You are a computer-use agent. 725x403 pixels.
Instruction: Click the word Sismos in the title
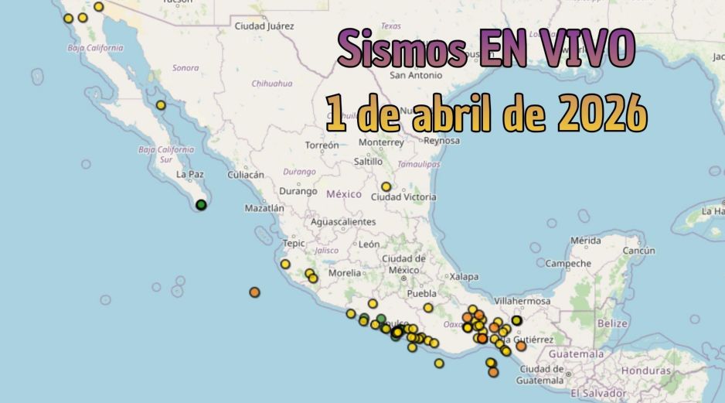[401, 49]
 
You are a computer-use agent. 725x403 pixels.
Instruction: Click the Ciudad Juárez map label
[264, 26]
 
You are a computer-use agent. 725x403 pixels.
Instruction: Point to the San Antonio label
[416, 75]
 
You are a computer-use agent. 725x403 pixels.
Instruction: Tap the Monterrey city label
[381, 142]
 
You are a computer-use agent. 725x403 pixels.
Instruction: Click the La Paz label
[189, 175]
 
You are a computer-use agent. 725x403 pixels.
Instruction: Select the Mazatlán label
[264, 208]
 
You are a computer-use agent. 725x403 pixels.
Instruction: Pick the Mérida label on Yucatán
[585, 241]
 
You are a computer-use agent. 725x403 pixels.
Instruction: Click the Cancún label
[638, 251]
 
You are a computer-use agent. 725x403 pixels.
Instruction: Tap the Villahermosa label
[522, 301]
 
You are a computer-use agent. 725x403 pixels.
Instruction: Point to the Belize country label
[613, 323]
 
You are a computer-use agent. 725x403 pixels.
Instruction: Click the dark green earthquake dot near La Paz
[201, 205]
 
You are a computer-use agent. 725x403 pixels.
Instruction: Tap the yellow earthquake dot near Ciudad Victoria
[386, 186]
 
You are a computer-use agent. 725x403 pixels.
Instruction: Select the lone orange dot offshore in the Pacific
[254, 292]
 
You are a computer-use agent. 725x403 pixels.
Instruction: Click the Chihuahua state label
[272, 84]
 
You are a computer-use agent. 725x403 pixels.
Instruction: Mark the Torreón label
[322, 145]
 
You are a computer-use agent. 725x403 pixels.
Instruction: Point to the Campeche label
[568, 264]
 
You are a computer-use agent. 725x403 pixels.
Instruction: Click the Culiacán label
[246, 175]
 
